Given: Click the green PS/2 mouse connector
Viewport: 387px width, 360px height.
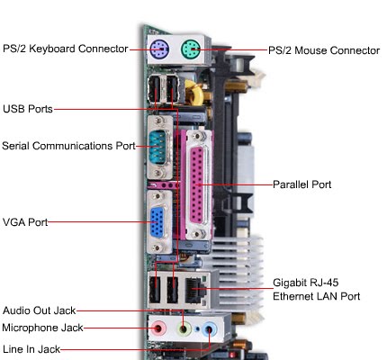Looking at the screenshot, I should pyautogui.click(x=192, y=49).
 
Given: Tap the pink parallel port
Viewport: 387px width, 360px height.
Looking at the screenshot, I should pyautogui.click(x=198, y=184).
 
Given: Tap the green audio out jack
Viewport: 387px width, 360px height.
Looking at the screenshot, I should pyautogui.click(x=185, y=328).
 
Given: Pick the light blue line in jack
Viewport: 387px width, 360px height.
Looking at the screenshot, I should pyautogui.click(x=210, y=329).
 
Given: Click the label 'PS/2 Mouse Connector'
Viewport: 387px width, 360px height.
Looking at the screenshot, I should pyautogui.click(x=324, y=50).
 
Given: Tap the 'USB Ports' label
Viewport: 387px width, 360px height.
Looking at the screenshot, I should pyautogui.click(x=27, y=109).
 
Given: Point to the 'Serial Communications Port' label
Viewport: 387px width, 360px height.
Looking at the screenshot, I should pyautogui.click(x=68, y=145).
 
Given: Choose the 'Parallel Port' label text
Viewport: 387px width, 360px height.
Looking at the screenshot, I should pyautogui.click(x=302, y=184).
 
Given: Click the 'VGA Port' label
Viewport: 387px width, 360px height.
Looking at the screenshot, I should pyautogui.click(x=24, y=220).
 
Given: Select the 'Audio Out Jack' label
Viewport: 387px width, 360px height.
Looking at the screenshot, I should pyautogui.click(x=40, y=310).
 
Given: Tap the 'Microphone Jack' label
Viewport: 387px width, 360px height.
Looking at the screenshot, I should pyautogui.click(x=41, y=328).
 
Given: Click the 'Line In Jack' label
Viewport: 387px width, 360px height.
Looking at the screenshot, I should pyautogui.click(x=31, y=348).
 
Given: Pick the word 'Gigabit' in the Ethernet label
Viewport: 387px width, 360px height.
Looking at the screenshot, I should pyautogui.click(x=291, y=282).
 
